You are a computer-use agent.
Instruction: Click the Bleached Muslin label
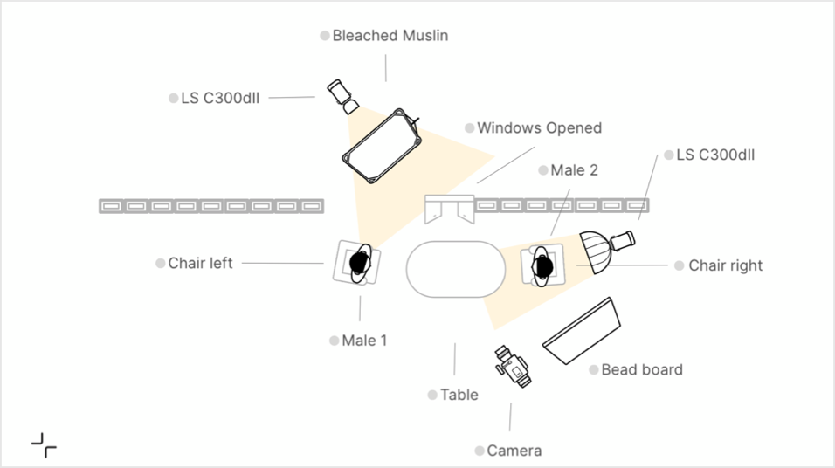point(390,36)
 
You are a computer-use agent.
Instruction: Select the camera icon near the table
point(513,368)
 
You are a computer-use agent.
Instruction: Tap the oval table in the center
point(456,269)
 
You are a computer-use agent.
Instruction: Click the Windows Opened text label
point(539,128)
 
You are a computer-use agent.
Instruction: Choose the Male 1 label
point(363,341)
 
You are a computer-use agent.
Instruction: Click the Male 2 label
point(574,170)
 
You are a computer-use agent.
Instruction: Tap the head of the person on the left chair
point(359,261)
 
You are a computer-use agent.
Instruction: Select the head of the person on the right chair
point(543,265)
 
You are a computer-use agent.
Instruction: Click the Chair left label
point(200,263)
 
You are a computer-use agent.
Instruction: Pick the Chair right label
point(725,265)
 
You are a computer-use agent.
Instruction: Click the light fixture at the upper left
point(342,95)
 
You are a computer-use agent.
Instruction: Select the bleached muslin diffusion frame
point(383,145)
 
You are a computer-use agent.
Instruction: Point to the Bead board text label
point(642,370)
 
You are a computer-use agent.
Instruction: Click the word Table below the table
point(459,396)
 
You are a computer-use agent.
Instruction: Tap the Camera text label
point(514,451)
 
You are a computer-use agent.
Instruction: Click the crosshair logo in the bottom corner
point(44,444)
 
